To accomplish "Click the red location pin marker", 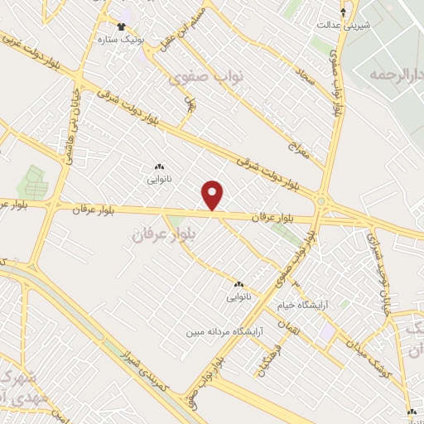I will pos(213,195).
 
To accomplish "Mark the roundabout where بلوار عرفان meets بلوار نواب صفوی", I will pos(320,200).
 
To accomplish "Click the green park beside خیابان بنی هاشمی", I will pos(32,182).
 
